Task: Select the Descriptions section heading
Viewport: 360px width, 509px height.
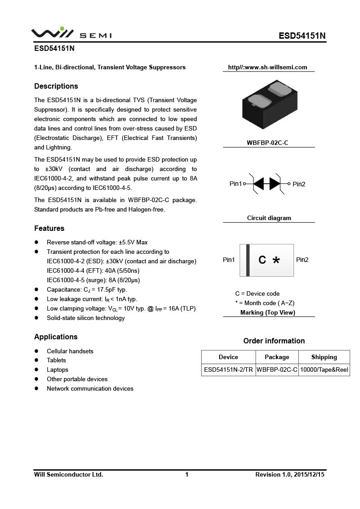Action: (x=56, y=86)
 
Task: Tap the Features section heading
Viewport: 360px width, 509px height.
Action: (x=49, y=228)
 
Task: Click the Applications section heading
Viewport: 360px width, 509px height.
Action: (x=56, y=337)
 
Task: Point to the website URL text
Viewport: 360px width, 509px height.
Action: (x=267, y=68)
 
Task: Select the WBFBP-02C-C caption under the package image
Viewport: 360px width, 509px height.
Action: (x=267, y=143)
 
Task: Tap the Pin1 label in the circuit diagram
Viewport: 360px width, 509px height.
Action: (x=235, y=184)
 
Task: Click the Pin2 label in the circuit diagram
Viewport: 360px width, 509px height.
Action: (x=299, y=184)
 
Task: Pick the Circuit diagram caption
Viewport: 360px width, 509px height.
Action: (x=269, y=218)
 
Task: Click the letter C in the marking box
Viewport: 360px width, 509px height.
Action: (x=262, y=260)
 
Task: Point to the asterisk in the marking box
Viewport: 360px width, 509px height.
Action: (x=276, y=261)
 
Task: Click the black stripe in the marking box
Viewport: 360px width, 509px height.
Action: (x=247, y=260)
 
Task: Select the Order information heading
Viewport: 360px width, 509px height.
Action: (x=274, y=341)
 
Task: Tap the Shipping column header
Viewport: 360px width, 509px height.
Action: (x=324, y=357)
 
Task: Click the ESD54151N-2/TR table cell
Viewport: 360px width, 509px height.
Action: (x=228, y=370)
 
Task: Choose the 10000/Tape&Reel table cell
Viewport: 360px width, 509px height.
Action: (x=324, y=370)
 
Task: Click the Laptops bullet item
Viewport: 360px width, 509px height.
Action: (x=58, y=369)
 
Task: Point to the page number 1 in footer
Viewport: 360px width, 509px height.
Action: (x=187, y=474)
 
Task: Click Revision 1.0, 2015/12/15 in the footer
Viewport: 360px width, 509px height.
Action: (x=290, y=474)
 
